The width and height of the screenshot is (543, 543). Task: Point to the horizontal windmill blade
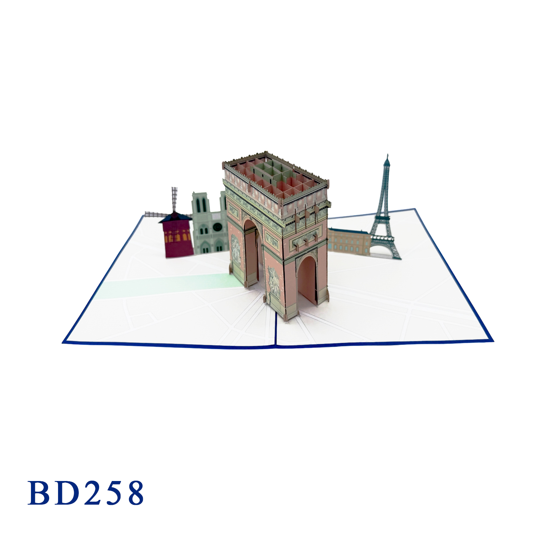pyautogui.click(x=157, y=214)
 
